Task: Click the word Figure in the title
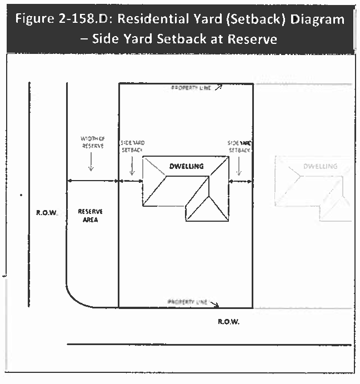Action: coord(36,19)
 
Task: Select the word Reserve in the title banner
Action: coord(249,39)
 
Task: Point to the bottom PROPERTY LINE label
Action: coord(187,302)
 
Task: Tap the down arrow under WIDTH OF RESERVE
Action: coord(91,162)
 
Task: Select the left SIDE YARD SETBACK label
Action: coord(132,146)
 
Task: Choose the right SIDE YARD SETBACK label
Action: coord(239,146)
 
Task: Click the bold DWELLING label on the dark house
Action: coord(186,166)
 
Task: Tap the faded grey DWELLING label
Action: coord(320,166)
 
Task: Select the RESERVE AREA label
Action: coord(90,215)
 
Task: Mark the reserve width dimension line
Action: coord(92,181)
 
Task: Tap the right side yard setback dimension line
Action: coord(241,181)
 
